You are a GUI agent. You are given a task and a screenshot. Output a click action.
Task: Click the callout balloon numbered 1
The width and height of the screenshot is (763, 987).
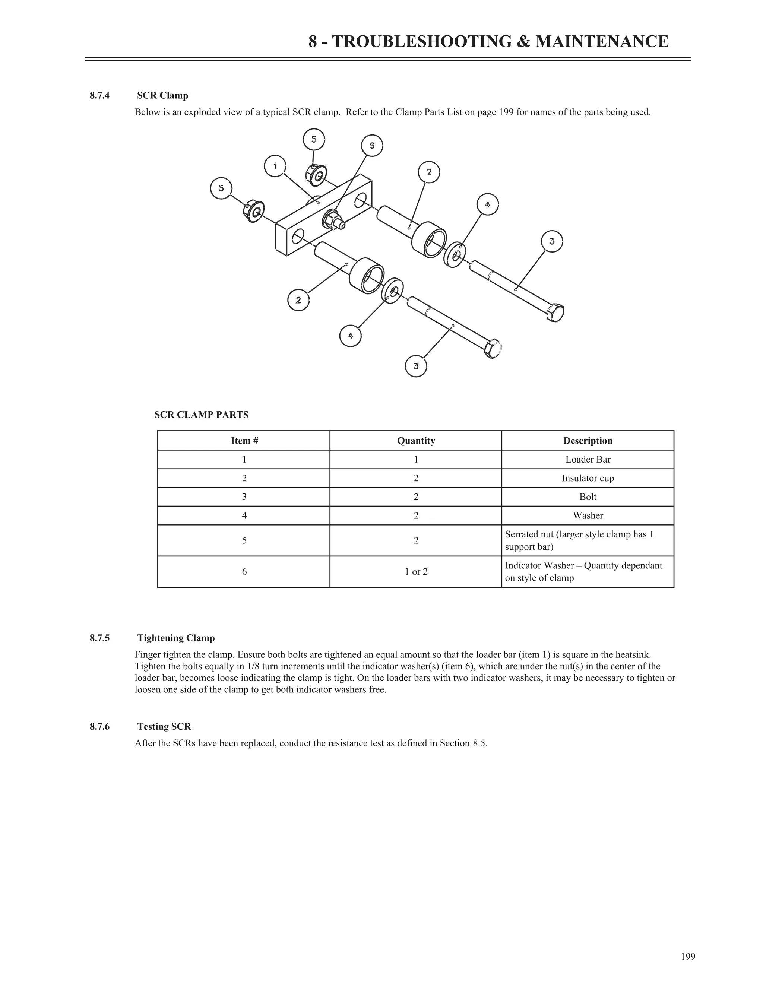tap(275, 166)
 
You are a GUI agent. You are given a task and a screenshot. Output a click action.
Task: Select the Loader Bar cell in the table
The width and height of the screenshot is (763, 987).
tap(587, 460)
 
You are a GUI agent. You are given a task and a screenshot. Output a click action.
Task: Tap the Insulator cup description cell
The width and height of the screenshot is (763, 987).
tap(587, 478)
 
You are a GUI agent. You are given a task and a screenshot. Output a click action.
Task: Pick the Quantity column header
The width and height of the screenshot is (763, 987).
tap(415, 441)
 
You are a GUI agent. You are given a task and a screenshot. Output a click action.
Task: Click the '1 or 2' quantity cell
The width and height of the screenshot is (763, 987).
tap(415, 572)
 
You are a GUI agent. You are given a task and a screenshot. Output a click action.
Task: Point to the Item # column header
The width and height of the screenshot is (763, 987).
tap(244, 441)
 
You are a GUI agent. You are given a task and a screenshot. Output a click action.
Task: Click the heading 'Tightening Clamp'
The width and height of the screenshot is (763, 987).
tap(176, 638)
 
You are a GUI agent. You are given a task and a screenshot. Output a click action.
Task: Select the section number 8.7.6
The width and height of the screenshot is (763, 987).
tap(99, 726)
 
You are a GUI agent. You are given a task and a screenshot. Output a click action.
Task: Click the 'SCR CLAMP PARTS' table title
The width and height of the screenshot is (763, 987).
tap(201, 415)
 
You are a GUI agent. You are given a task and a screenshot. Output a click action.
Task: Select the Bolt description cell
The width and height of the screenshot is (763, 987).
tap(587, 496)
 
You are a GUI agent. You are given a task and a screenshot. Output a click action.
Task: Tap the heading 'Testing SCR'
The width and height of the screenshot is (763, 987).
tap(164, 726)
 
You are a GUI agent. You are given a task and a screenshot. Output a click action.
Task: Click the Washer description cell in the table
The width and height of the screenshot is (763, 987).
tap(587, 515)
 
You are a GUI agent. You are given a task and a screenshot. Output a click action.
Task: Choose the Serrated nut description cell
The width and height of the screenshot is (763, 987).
tap(587, 540)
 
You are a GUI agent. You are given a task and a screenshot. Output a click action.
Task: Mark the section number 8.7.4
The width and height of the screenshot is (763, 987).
tap(99, 95)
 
